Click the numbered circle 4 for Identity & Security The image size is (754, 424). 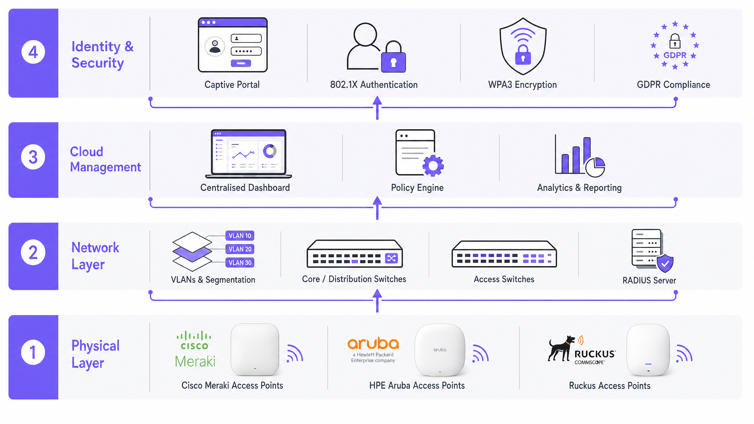[33, 52]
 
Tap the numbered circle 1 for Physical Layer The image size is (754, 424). [33, 352]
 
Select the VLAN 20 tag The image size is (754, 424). [240, 249]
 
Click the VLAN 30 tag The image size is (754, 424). [240, 263]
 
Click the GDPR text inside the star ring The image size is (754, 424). [675, 55]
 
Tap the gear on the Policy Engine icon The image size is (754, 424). [433, 165]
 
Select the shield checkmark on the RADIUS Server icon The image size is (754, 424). [665, 264]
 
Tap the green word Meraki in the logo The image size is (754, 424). [195, 361]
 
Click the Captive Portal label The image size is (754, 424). [232, 85]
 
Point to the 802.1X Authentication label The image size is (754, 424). [374, 85]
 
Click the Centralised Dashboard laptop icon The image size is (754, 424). [249, 154]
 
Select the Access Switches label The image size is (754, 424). [504, 279]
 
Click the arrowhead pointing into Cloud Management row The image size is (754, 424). [377, 201]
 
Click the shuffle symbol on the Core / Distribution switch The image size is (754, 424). [391, 258]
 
